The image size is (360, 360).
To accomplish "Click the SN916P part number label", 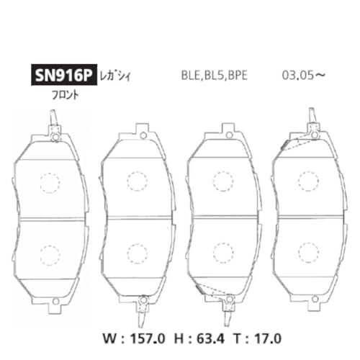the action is point(64,75).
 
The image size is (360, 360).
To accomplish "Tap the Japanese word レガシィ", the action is point(115,76).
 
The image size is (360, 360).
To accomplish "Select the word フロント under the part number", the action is point(66,95).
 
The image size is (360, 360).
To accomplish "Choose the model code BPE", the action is point(238,76).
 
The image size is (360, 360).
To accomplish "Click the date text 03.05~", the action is point(304,75).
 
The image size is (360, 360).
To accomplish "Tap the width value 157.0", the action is point(148,338).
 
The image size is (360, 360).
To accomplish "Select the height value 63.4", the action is point(210,338).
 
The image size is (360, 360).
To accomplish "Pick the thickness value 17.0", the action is point(268,338).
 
